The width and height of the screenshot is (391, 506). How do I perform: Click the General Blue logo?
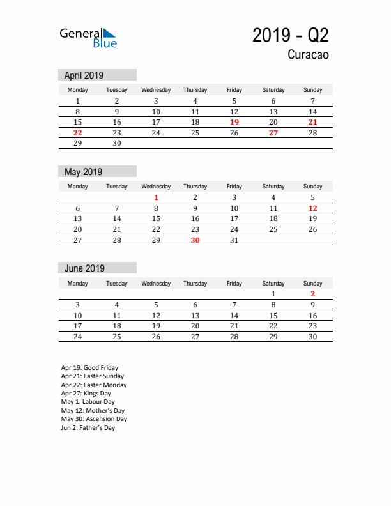pyautogui.click(x=88, y=38)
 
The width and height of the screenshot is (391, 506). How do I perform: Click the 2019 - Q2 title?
pyautogui.click(x=291, y=35)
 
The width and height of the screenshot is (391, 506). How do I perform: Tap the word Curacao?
pyautogui.click(x=308, y=55)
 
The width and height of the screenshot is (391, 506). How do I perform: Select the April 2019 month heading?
pyautogui.click(x=84, y=75)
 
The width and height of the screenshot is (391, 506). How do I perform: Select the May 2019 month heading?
pyautogui.click(x=84, y=171)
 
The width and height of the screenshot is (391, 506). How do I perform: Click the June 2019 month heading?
pyautogui.click(x=84, y=268)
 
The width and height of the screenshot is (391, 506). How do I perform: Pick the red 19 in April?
pyautogui.click(x=234, y=122)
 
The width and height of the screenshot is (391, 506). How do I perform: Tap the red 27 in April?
pyautogui.click(x=273, y=133)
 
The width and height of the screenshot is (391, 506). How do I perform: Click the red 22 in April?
pyautogui.click(x=77, y=133)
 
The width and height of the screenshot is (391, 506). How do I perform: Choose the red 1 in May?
pyautogui.click(x=156, y=197)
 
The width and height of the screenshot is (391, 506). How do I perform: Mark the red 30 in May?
pyautogui.click(x=195, y=240)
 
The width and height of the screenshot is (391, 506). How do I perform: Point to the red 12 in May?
pyautogui.click(x=312, y=208)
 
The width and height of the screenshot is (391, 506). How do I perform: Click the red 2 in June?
pyautogui.click(x=312, y=294)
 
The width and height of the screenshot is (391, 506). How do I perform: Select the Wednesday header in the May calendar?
pyautogui.click(x=156, y=187)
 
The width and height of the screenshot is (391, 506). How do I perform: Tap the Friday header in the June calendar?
pyautogui.click(x=234, y=283)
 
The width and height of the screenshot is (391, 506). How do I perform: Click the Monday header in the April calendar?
pyautogui.click(x=77, y=90)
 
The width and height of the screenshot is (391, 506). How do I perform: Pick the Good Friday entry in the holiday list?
pyautogui.click(x=89, y=368)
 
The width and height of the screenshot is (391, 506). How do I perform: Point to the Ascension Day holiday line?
pyautogui.click(x=94, y=419)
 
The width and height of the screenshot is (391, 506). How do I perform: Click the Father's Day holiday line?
pyautogui.click(x=88, y=428)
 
